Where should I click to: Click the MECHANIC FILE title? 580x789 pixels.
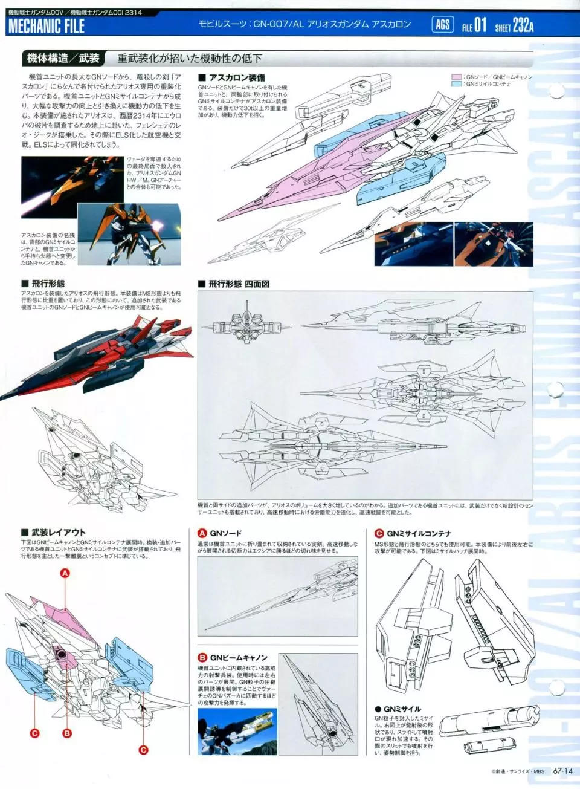point(47,27)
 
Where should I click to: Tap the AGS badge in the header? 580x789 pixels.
point(443,25)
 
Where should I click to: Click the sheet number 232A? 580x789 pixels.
point(523,25)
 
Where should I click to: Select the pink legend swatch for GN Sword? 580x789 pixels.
point(457,77)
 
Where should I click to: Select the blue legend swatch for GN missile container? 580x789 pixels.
point(457,84)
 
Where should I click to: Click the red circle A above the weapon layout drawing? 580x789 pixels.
point(65,573)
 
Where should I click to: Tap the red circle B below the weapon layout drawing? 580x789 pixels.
point(67,733)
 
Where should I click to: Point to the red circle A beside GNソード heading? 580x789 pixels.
point(203,533)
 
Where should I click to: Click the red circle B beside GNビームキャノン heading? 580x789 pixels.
point(203,657)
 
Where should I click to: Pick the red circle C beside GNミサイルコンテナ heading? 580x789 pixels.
point(379,533)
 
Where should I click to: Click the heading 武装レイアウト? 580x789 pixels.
point(58,533)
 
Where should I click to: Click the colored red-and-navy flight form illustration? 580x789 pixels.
point(91,357)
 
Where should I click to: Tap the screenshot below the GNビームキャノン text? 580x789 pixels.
point(237,732)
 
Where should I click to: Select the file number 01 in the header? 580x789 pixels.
point(480,25)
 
